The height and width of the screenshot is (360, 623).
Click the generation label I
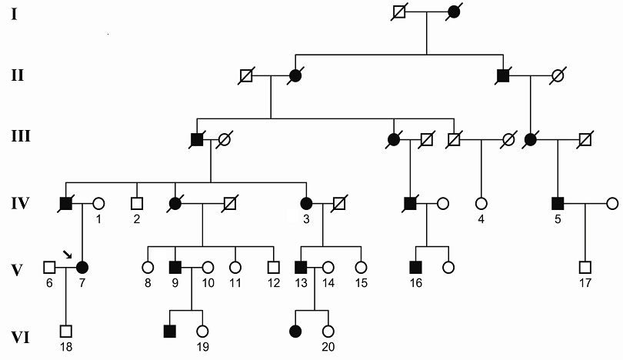coord(13,14)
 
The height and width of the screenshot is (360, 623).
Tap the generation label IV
coord(17,205)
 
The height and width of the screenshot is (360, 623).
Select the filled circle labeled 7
coord(82,268)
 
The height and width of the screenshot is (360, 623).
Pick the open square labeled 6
coord(49,268)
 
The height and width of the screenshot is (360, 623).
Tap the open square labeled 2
coord(137,205)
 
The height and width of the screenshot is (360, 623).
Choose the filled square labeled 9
coord(175,268)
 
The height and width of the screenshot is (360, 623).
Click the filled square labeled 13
coord(302,268)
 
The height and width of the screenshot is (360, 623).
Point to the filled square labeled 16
coord(416,268)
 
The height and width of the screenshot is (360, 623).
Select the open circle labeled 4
coord(482,205)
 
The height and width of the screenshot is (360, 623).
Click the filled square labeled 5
coord(558,205)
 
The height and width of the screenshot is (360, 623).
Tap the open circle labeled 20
coord(328,332)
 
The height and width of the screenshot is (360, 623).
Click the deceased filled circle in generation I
coord(454,13)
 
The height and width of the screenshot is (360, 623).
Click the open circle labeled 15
coord(359,268)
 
